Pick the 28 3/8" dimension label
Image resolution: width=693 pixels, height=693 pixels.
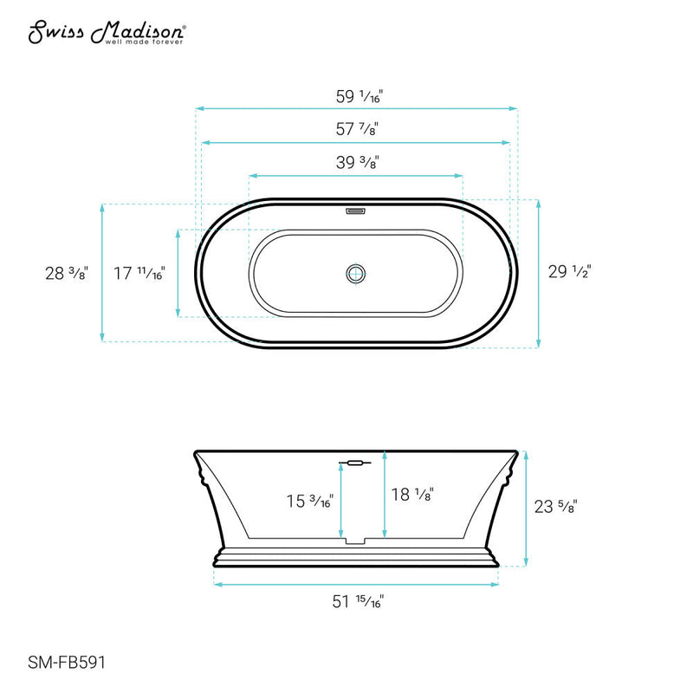pos(67,273)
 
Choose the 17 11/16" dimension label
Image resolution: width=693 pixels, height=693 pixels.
pos(139,273)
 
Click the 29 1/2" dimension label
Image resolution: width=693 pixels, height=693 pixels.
pos(570,272)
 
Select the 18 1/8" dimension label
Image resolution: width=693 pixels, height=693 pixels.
pos(411,494)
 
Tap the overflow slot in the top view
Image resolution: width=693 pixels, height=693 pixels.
pos(356,210)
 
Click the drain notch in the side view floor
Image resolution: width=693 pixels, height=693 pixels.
pos(356,542)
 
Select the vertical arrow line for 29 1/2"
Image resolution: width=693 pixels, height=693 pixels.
pos(539,275)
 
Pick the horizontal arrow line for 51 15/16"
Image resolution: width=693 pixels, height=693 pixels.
pos(356,583)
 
